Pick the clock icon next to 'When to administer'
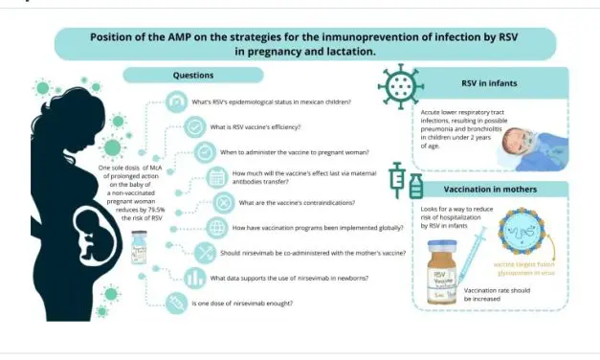[205, 152]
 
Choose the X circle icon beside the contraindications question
[222, 202]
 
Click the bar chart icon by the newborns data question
[196, 279]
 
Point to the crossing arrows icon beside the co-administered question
[205, 253]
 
